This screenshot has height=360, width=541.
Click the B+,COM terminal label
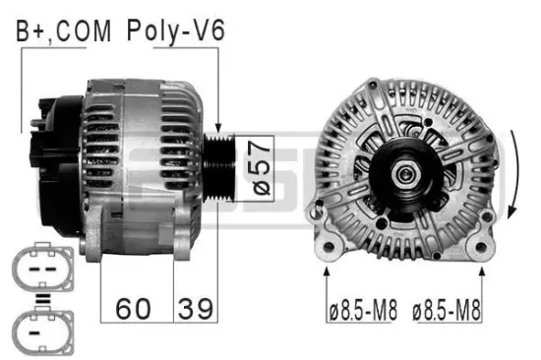64,31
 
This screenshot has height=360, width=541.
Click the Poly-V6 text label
176,31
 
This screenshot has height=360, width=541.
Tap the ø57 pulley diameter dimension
262,168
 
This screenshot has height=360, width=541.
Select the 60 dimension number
133,309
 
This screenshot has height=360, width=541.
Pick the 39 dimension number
196,309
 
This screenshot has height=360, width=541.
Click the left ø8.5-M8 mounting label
363,310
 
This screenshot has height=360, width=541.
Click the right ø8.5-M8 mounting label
447,310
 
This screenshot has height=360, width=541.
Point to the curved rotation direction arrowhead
513,212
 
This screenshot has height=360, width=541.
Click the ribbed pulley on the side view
219,168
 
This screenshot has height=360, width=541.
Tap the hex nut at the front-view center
406,174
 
